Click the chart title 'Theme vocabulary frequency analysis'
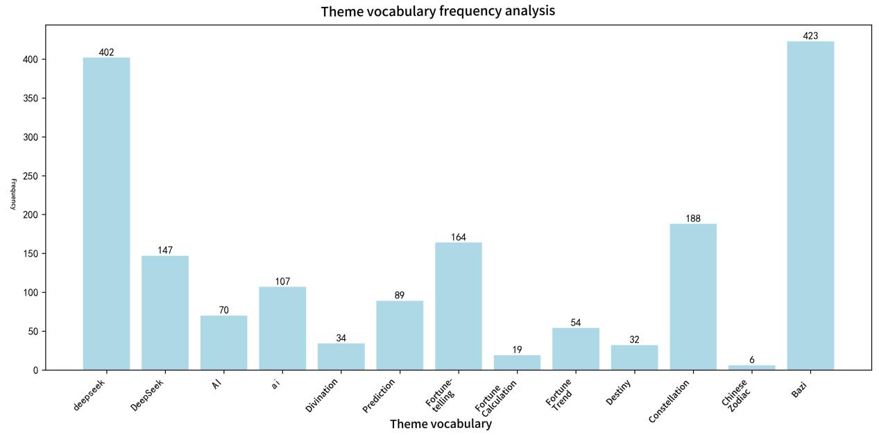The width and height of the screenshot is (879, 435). [438, 11]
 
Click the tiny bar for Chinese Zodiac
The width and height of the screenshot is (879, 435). [751, 367]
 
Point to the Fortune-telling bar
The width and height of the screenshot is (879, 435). [458, 306]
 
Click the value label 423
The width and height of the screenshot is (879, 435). [810, 36]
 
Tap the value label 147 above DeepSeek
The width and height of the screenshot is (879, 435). [165, 250]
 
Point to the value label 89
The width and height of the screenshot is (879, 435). [400, 296]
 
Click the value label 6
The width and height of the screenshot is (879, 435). [751, 360]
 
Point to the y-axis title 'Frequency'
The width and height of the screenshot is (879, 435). [13, 194]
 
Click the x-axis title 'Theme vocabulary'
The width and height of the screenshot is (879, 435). [441, 424]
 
